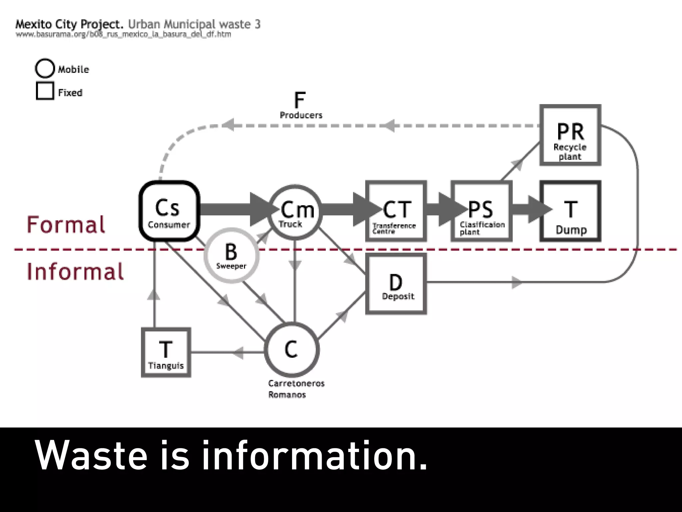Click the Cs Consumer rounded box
pyautogui.click(x=169, y=211)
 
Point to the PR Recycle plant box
pyautogui.click(x=570, y=135)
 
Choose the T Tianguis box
pyautogui.click(x=166, y=353)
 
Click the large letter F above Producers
pyautogui.click(x=300, y=100)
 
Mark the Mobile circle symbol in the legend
pyautogui.click(x=45, y=68)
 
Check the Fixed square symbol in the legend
pyautogui.click(x=45, y=91)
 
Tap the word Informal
pyautogui.click(x=75, y=271)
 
